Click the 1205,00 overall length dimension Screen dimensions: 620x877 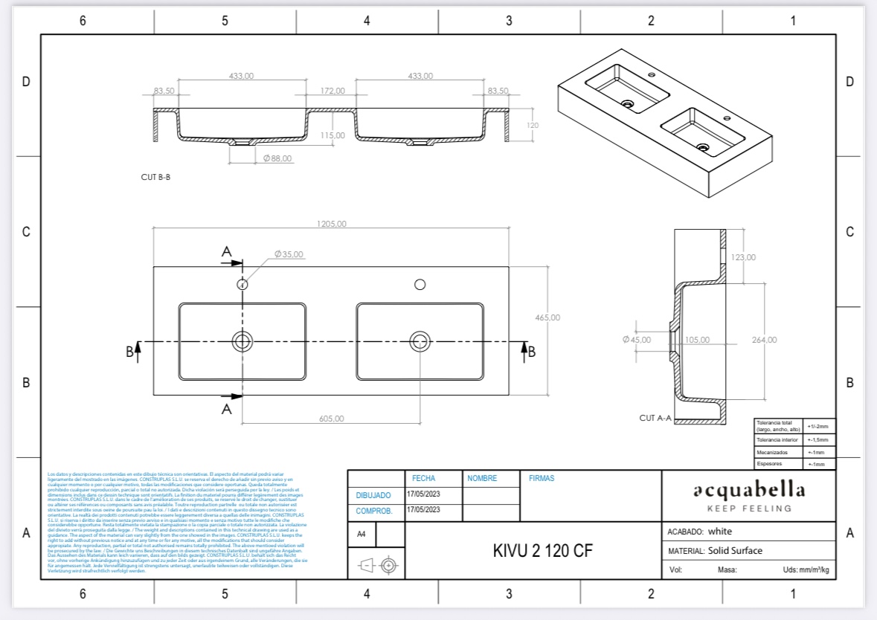coord(331,224)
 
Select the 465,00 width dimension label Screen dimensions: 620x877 coord(547,317)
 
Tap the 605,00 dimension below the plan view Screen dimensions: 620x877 coord(332,419)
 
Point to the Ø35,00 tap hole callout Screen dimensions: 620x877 coord(289,254)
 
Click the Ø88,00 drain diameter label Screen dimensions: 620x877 coord(277,158)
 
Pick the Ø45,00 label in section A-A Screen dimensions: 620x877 coord(636,340)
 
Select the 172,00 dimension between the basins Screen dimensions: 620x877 coord(333,91)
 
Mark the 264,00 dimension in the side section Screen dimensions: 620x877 coord(764,340)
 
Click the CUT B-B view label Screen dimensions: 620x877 coord(155,178)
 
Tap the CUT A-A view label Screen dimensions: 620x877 coord(655,419)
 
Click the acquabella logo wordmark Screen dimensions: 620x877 coord(749,491)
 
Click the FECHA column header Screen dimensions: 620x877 coord(423,479)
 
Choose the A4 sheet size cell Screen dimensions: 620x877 coord(362,534)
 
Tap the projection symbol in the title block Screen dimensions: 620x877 coord(376,566)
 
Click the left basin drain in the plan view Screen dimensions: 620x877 coord(242,341)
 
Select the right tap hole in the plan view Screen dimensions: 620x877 coord(420,284)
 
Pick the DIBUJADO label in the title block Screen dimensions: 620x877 coord(373,495)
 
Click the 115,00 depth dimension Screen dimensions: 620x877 coord(333,135)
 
